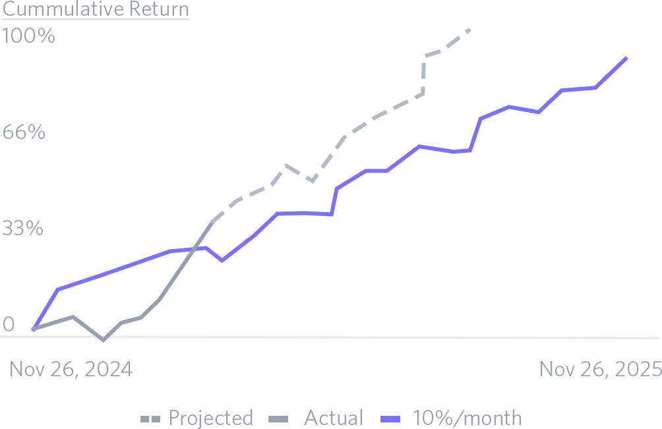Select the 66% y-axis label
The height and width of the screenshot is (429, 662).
[x=24, y=132]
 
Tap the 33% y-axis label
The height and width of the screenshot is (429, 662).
[x=23, y=229]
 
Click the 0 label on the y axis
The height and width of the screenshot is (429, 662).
[x=9, y=324]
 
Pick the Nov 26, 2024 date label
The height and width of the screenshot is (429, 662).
[x=71, y=369]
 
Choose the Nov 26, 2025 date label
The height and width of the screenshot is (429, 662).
[x=600, y=369]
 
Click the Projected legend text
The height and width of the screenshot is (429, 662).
[x=211, y=418]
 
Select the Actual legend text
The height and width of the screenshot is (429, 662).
[x=333, y=418]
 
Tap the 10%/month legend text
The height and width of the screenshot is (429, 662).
[x=467, y=418]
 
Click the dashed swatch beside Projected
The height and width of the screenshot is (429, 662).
[x=150, y=418]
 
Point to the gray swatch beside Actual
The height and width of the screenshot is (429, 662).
[x=280, y=418]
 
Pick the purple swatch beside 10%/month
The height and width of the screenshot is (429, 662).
[x=392, y=418]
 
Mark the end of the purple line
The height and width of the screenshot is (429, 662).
[x=626, y=58]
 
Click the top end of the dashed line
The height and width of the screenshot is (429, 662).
[x=469, y=29]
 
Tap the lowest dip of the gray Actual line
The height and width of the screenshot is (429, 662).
[x=103, y=340]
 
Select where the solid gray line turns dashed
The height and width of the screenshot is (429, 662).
[x=212, y=222]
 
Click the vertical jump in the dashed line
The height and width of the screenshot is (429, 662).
[x=423, y=74]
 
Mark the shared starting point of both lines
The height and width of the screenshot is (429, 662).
[x=33, y=328]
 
